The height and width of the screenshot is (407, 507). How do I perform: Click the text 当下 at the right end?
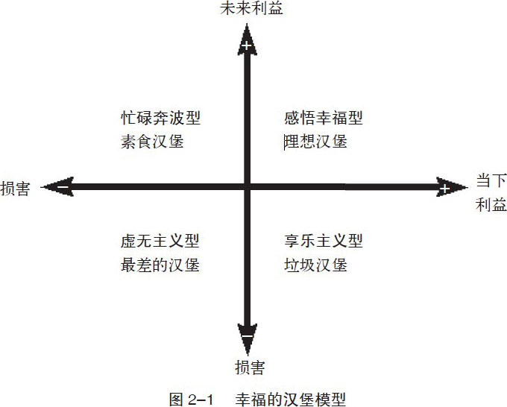point(490,180)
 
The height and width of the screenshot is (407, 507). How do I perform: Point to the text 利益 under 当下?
point(490,203)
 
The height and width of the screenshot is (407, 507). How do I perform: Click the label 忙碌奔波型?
point(161,118)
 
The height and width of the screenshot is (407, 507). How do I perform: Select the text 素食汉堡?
point(152,141)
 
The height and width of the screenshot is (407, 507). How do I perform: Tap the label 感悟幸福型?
point(324,118)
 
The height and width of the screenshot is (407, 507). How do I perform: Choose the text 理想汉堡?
point(316,141)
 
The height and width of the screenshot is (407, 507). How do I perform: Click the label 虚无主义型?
point(161,242)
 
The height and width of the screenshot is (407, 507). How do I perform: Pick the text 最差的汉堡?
point(160,264)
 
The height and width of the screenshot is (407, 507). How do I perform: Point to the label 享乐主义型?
point(324,242)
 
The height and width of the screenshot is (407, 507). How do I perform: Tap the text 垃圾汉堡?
point(316,264)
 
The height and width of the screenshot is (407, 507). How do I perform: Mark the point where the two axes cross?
point(247,187)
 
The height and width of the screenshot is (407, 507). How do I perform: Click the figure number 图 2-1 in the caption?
point(189,396)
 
